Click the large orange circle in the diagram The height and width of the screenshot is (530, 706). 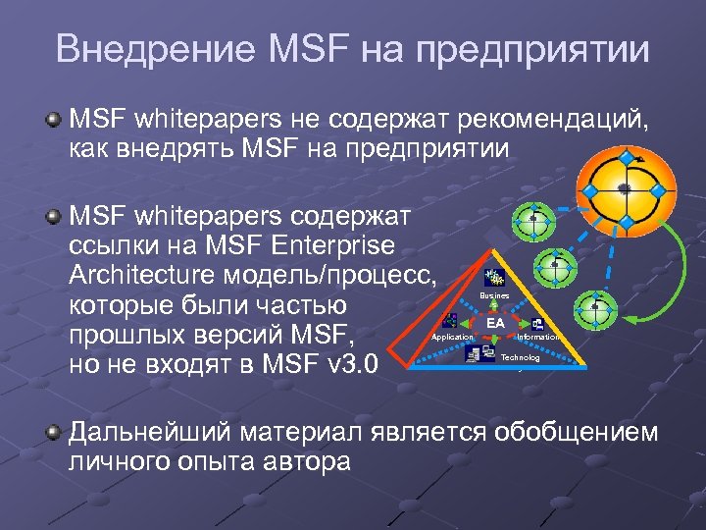click(625, 190)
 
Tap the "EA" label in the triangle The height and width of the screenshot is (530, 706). click(496, 322)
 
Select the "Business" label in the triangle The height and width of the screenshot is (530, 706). click(494, 294)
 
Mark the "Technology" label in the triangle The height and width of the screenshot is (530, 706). click(520, 357)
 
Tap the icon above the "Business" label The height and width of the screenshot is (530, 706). click(494, 278)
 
